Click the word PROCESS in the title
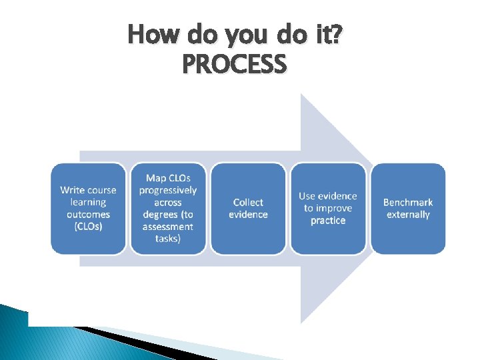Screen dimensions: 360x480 click(234, 65)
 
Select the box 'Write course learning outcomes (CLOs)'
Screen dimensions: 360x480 click(88, 208)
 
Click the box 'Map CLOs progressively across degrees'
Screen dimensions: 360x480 click(168, 208)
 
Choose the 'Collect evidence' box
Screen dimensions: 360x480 click(248, 208)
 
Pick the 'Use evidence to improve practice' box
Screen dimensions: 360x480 click(328, 208)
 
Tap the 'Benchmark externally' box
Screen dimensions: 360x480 click(408, 208)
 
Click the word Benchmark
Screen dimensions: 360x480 click(408, 202)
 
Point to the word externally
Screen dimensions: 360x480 click(408, 215)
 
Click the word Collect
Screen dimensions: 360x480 click(248, 202)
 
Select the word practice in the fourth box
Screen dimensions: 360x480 click(328, 221)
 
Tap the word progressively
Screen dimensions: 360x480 click(168, 190)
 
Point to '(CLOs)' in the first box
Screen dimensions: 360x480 click(88, 227)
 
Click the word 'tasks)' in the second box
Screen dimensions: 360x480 click(168, 239)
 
